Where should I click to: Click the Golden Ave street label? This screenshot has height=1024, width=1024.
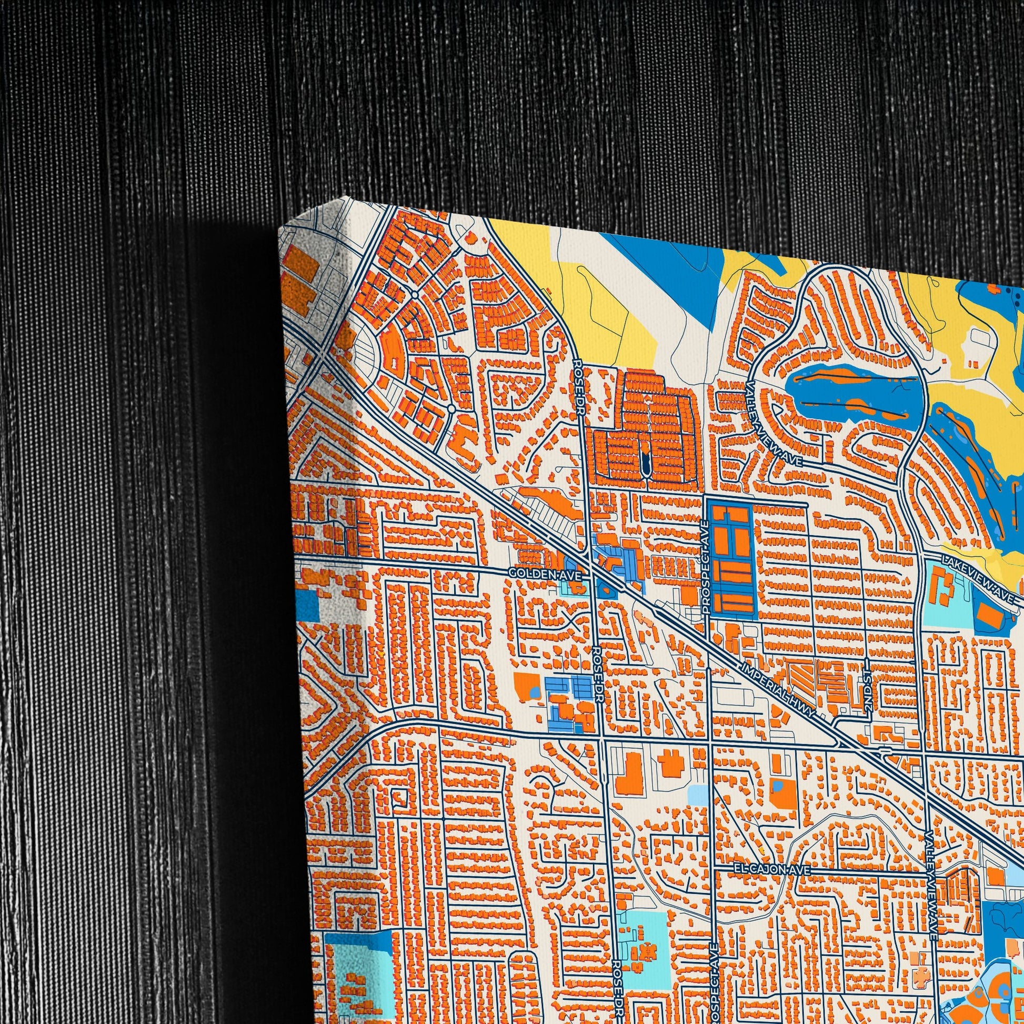click(x=545, y=574)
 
